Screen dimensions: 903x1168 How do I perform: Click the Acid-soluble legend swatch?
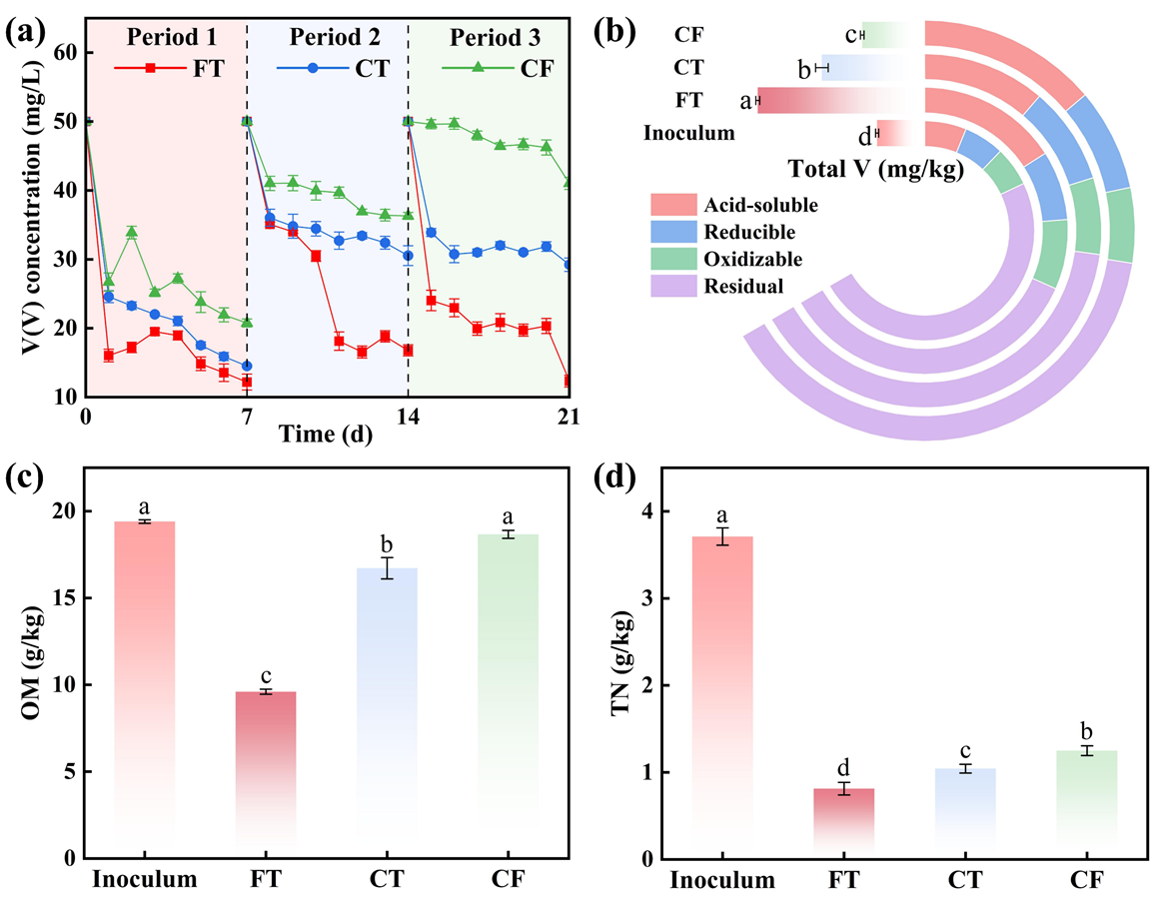coord(678,206)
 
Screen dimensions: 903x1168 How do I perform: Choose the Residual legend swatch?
coord(678,286)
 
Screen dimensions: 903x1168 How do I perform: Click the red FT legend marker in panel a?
coord(150,68)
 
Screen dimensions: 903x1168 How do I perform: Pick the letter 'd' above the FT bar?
coord(844,768)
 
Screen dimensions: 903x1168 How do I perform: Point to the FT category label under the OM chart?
coord(266,880)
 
